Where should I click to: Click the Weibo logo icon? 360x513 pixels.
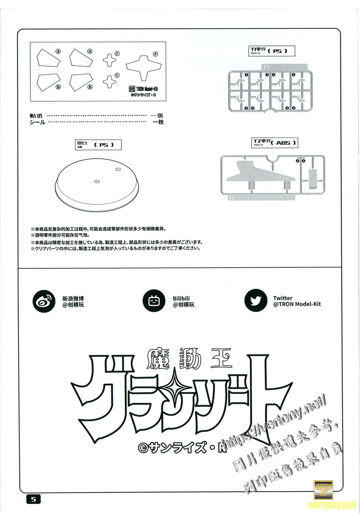coord(44,301)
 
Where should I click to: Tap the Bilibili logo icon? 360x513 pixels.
coord(153,301)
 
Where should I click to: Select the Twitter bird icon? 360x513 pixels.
coord(255,301)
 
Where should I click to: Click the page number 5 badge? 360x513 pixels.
coord(33,499)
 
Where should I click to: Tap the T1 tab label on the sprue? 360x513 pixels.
coord(266,67)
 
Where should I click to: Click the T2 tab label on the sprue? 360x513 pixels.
coord(231,198)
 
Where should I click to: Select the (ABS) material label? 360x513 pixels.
coord(283,143)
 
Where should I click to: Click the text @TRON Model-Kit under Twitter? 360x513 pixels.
coord(297,304)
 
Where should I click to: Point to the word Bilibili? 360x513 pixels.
coord(181,299)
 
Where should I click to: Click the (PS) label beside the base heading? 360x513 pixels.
coord(104,145)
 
